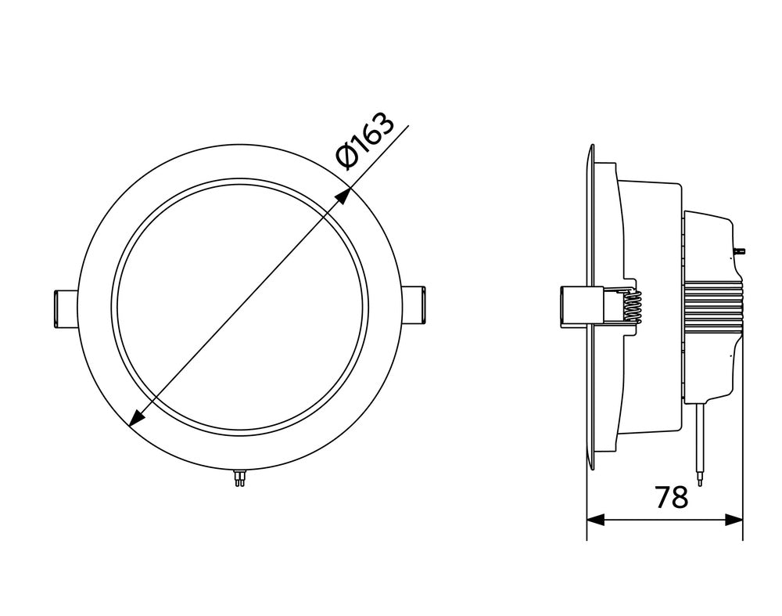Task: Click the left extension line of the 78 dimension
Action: coord(586,501)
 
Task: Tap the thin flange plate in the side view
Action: coord(589,235)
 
